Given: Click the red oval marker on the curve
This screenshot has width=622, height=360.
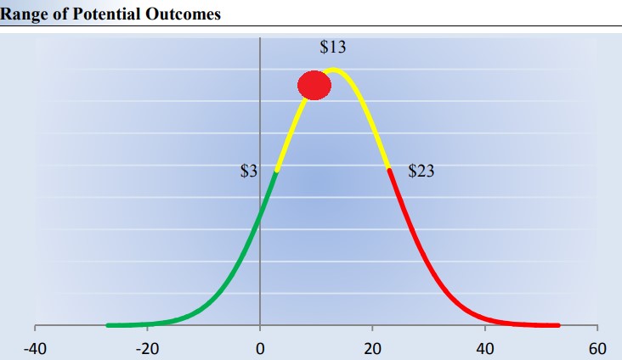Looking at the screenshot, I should (x=314, y=85).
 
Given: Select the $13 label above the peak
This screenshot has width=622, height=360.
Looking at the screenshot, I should (x=332, y=48).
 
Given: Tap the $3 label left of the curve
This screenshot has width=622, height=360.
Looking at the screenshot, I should (x=248, y=172).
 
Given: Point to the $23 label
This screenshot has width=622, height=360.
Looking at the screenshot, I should (x=421, y=172).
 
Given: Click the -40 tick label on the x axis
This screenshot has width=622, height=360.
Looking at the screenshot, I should (x=35, y=348).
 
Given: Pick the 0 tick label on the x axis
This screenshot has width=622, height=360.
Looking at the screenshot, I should (x=260, y=348).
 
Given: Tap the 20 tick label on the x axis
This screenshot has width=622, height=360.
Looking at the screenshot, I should (x=372, y=348).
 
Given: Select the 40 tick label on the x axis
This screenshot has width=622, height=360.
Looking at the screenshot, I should (x=484, y=348).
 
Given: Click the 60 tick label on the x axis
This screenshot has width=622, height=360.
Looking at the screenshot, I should (x=597, y=348).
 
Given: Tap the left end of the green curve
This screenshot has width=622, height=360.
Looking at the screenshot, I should (x=108, y=325).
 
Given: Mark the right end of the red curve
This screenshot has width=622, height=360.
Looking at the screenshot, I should (x=558, y=325).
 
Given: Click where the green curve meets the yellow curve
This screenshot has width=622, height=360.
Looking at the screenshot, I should (x=276, y=172).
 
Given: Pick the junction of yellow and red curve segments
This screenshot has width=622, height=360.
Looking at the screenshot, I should (x=389, y=171).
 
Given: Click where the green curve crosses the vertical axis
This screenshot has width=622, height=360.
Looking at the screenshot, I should (x=260, y=215).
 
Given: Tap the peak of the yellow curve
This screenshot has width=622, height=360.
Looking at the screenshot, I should (x=334, y=70).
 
